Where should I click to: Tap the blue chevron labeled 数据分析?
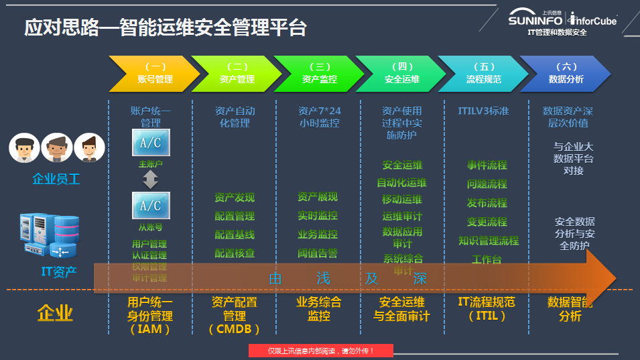click(566, 73)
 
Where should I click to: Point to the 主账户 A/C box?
click(151, 143)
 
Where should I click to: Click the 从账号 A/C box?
click(151, 205)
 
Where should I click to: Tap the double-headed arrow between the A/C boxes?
click(151, 178)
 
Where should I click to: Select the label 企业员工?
click(56, 180)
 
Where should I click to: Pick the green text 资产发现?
click(235, 198)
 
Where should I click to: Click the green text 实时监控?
click(318, 216)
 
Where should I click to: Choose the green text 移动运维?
click(402, 200)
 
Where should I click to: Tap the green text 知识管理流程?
click(489, 241)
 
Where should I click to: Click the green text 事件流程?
click(487, 166)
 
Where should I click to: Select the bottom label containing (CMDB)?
click(234, 316)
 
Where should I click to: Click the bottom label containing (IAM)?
click(150, 316)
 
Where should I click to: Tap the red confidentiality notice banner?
click(320, 351)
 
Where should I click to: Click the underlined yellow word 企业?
click(55, 313)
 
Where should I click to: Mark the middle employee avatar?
click(57, 147)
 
